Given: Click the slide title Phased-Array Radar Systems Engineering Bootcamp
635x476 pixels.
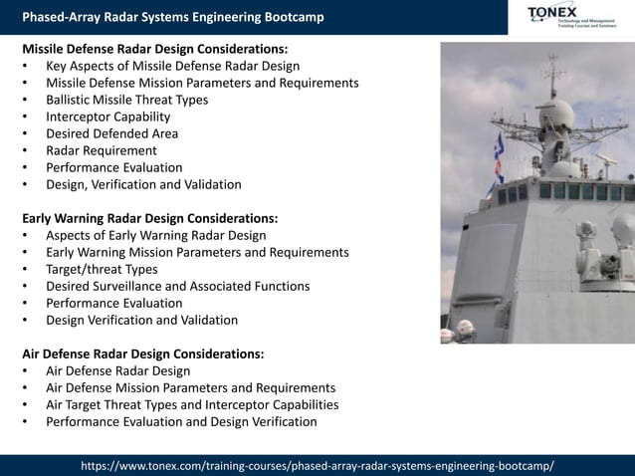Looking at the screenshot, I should [x=172, y=17].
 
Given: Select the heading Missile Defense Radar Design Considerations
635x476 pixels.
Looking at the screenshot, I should [x=154, y=48].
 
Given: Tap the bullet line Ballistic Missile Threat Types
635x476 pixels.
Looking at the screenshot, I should [x=126, y=100].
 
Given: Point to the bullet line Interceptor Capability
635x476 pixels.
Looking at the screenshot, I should [x=107, y=117].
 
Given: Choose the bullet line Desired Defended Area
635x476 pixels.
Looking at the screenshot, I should [x=111, y=133].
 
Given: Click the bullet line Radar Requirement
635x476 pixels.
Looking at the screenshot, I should [x=101, y=150].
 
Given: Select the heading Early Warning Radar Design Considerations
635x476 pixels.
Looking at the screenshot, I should [x=149, y=218].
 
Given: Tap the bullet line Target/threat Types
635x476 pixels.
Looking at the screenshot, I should [x=102, y=269].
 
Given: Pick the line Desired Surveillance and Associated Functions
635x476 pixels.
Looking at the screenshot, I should [x=177, y=286].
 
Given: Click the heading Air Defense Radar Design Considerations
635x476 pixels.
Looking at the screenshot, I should [x=142, y=354].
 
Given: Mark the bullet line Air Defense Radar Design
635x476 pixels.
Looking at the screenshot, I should [x=117, y=370].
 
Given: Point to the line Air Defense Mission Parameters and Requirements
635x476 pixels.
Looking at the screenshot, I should [x=190, y=387].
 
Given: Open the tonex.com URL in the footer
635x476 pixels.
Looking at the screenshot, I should [x=317, y=466].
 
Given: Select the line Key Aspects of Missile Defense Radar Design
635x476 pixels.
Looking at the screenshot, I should [x=172, y=66].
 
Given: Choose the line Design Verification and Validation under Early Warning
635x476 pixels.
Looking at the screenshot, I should [x=141, y=320].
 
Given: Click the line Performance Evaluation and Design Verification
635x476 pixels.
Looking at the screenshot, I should [x=181, y=421].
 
